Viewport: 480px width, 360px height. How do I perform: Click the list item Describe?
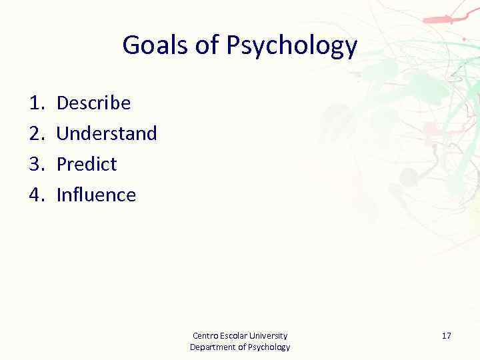tap(93, 103)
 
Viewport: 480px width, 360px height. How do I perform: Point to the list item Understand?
tap(107, 133)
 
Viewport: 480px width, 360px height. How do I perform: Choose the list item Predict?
tap(87, 164)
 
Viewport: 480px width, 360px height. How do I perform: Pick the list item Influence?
tap(96, 195)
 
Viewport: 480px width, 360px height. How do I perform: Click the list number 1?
tap(35, 103)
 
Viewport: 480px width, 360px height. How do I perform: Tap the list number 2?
tap(35, 133)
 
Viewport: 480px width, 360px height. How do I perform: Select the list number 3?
tap(35, 164)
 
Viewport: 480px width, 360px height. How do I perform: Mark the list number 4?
tap(35, 195)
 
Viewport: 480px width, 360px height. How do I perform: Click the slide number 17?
tap(446, 335)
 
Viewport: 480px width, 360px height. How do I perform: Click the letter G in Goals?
tap(131, 45)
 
